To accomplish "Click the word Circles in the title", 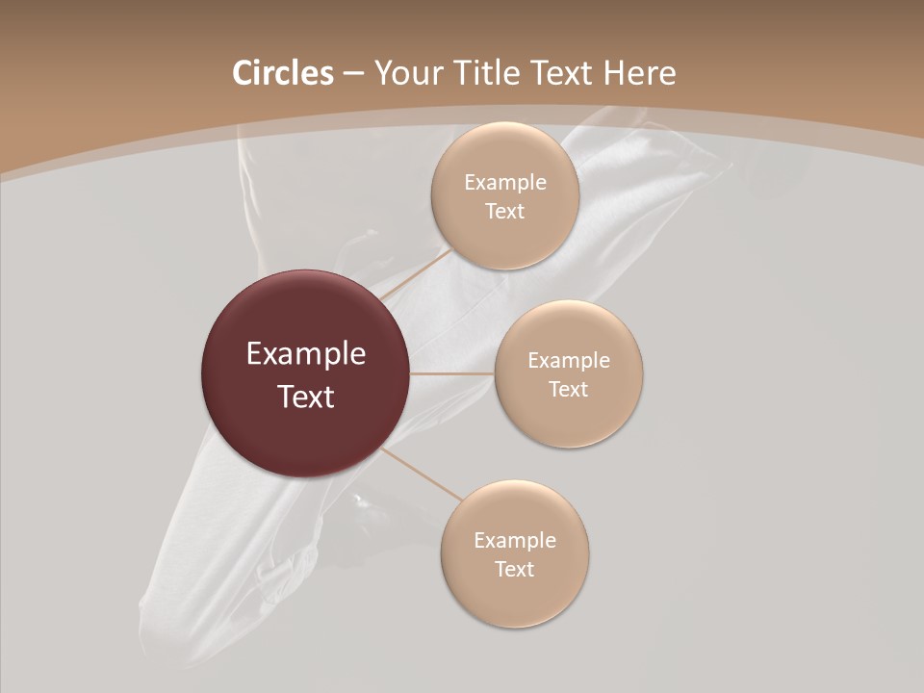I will [x=282, y=73].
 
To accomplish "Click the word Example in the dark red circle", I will [x=305, y=354].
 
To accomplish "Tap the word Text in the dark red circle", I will [x=305, y=397].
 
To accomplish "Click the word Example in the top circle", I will [x=505, y=183].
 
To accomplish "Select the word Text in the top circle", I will [x=505, y=211].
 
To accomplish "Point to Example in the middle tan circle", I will [x=568, y=361].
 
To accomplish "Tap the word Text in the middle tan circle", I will [x=568, y=389].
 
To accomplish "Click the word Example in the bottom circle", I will [x=514, y=541].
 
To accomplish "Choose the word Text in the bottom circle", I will [x=514, y=569].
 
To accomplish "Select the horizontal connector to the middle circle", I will [x=451, y=373].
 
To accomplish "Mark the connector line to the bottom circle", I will [x=421, y=474].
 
